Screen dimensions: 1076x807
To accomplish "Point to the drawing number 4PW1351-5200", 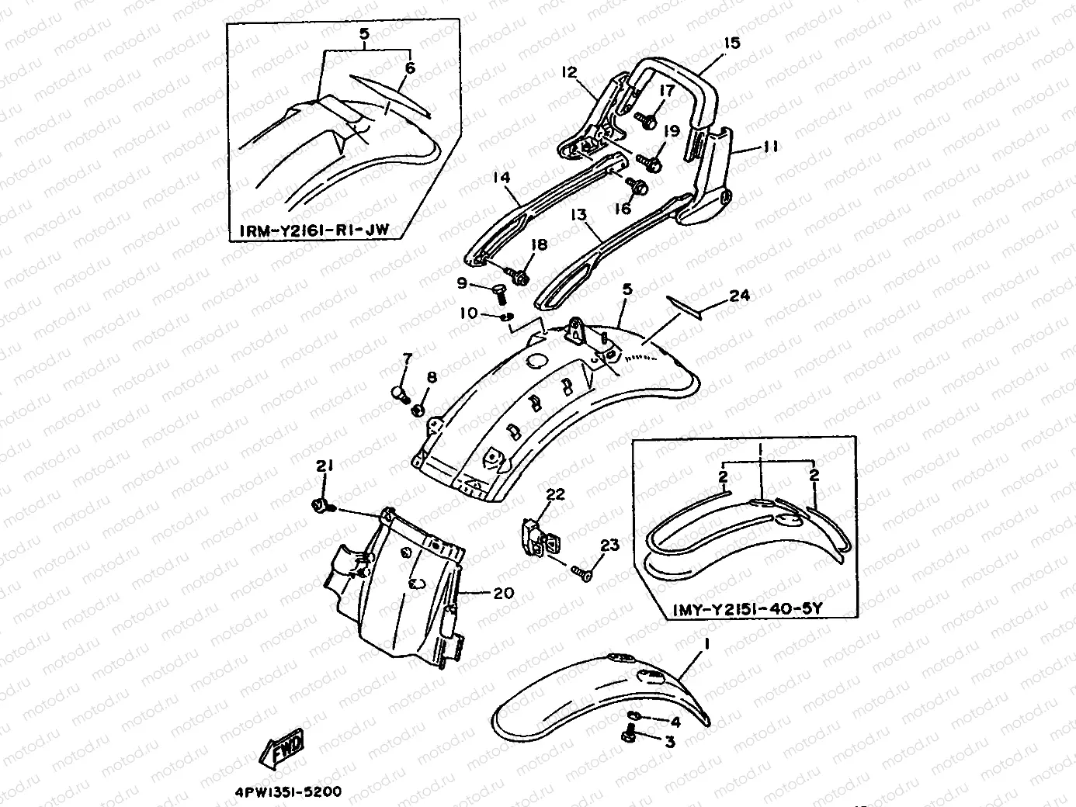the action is (x=287, y=792).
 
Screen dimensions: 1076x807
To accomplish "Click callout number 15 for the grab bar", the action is (x=731, y=43).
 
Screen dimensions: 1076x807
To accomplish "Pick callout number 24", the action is (x=739, y=295).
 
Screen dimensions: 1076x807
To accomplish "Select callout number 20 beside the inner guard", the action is (x=503, y=593).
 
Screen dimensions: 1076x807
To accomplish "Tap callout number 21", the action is (x=324, y=466).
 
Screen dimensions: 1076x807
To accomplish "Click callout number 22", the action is (x=555, y=494).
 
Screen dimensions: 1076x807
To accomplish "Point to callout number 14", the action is (x=502, y=178).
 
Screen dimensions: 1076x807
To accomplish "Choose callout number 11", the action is (x=772, y=146).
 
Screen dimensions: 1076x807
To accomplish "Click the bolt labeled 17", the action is (x=648, y=120).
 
